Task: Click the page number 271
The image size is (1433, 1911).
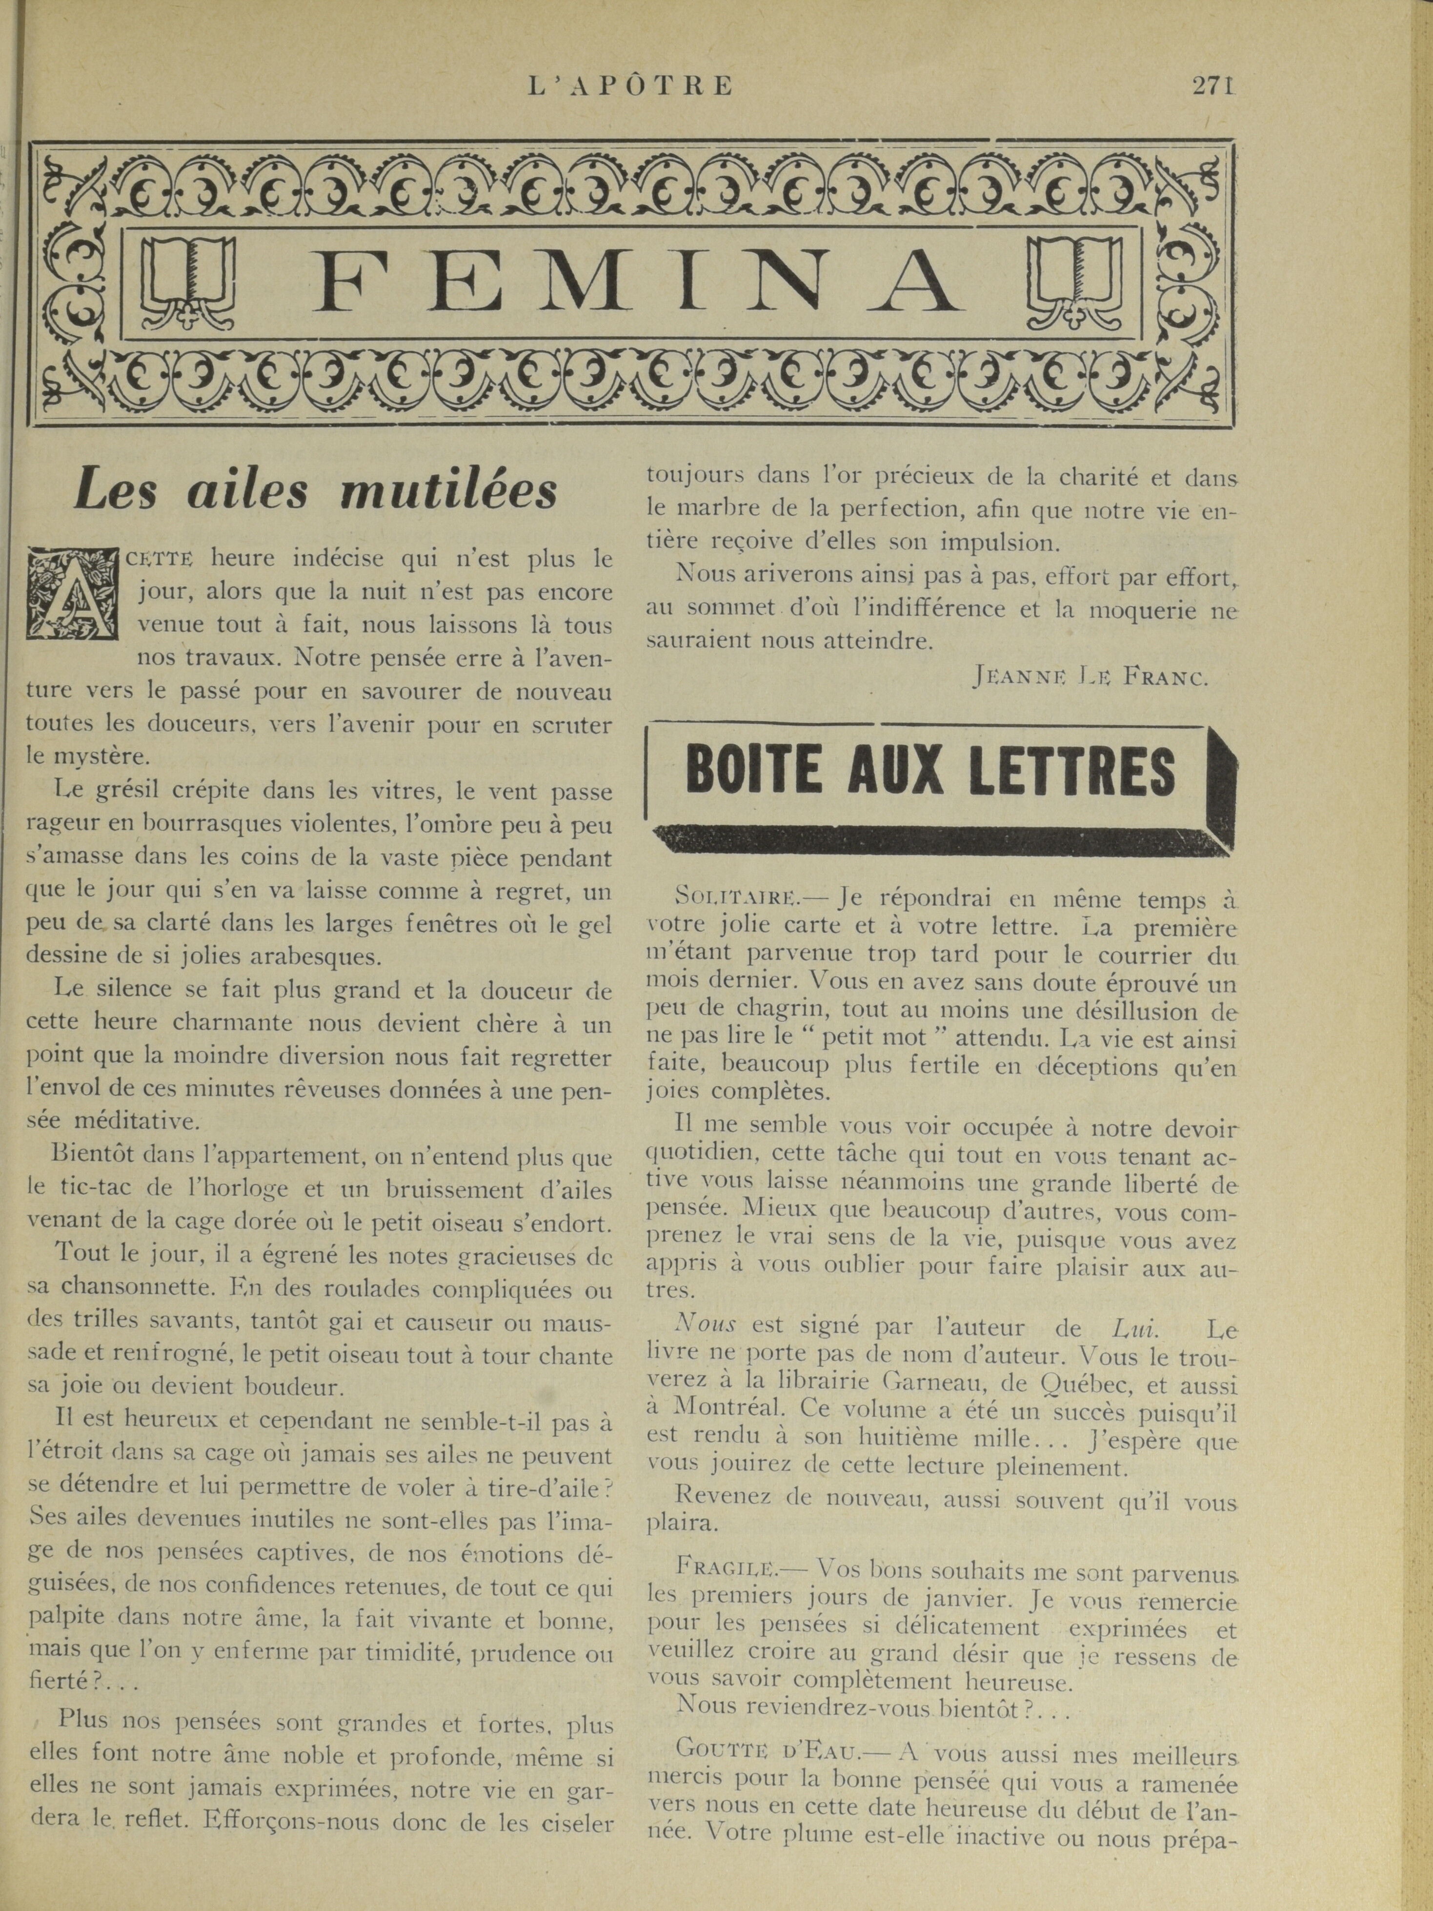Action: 1213,85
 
